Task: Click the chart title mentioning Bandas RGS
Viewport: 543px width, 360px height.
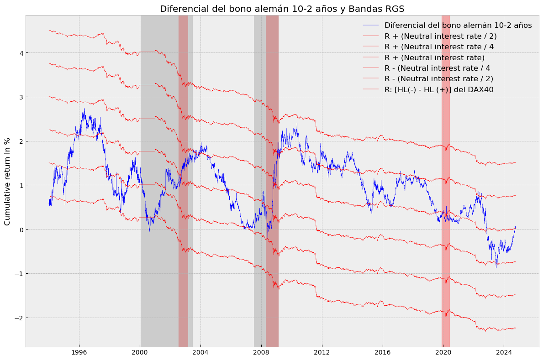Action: (x=282, y=9)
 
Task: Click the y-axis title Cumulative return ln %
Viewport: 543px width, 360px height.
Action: (x=7, y=181)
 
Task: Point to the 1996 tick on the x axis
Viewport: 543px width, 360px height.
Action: (x=79, y=353)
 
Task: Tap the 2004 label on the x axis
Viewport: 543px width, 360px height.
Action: (x=200, y=353)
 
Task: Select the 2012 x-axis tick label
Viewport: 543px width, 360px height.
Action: (x=322, y=353)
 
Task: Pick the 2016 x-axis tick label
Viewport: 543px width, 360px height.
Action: (x=382, y=353)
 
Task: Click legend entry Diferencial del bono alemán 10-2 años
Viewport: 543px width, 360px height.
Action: (x=458, y=26)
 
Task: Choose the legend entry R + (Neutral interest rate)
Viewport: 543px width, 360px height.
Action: (x=434, y=57)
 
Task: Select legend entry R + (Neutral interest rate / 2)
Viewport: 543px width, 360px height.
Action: (x=440, y=36)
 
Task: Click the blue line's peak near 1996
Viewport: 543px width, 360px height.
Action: (x=84, y=109)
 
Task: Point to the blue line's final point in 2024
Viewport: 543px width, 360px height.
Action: (x=515, y=226)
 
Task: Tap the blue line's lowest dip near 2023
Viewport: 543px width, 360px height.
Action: (x=496, y=267)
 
